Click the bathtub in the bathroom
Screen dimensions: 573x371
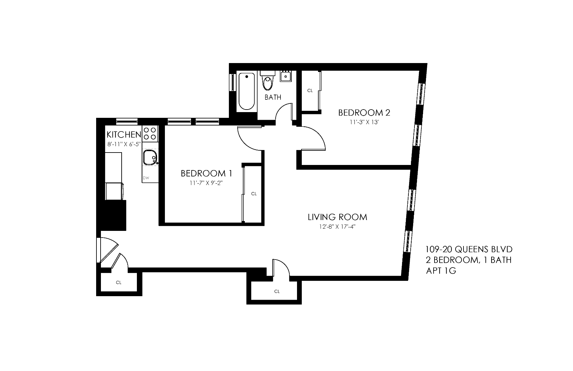[x=246, y=91]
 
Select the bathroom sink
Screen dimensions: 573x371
[x=286, y=76]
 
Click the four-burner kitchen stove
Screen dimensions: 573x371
[x=150, y=134]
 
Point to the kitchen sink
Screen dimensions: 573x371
[x=150, y=158]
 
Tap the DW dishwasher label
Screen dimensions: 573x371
[x=146, y=178]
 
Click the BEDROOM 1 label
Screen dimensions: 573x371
[x=206, y=174]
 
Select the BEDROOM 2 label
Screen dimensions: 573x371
[x=364, y=113]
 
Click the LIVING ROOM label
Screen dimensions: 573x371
[x=337, y=217]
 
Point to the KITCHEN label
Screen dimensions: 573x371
[x=124, y=134]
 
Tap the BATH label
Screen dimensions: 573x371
[x=273, y=97]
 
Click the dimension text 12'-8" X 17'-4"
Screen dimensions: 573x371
[x=337, y=227]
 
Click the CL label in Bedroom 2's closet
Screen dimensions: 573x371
[x=310, y=90]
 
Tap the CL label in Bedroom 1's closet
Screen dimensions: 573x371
[x=254, y=194]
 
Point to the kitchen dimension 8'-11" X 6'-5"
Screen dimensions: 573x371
[x=124, y=144]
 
